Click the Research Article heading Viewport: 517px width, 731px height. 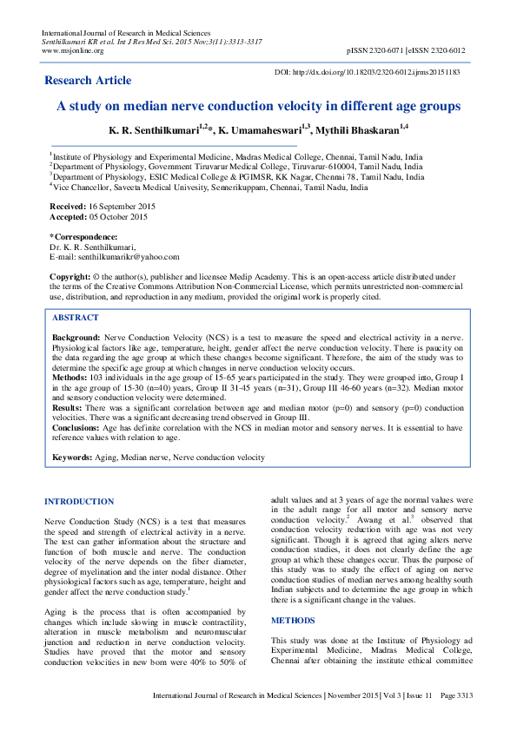[89, 81]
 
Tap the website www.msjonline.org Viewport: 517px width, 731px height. [73, 50]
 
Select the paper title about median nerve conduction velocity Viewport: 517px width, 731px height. [258, 106]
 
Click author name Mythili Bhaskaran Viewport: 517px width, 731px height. [360, 129]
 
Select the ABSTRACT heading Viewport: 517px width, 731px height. [76, 318]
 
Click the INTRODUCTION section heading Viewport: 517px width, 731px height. [79, 502]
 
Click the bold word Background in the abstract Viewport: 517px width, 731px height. [77, 336]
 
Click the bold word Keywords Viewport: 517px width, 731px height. [73, 457]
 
